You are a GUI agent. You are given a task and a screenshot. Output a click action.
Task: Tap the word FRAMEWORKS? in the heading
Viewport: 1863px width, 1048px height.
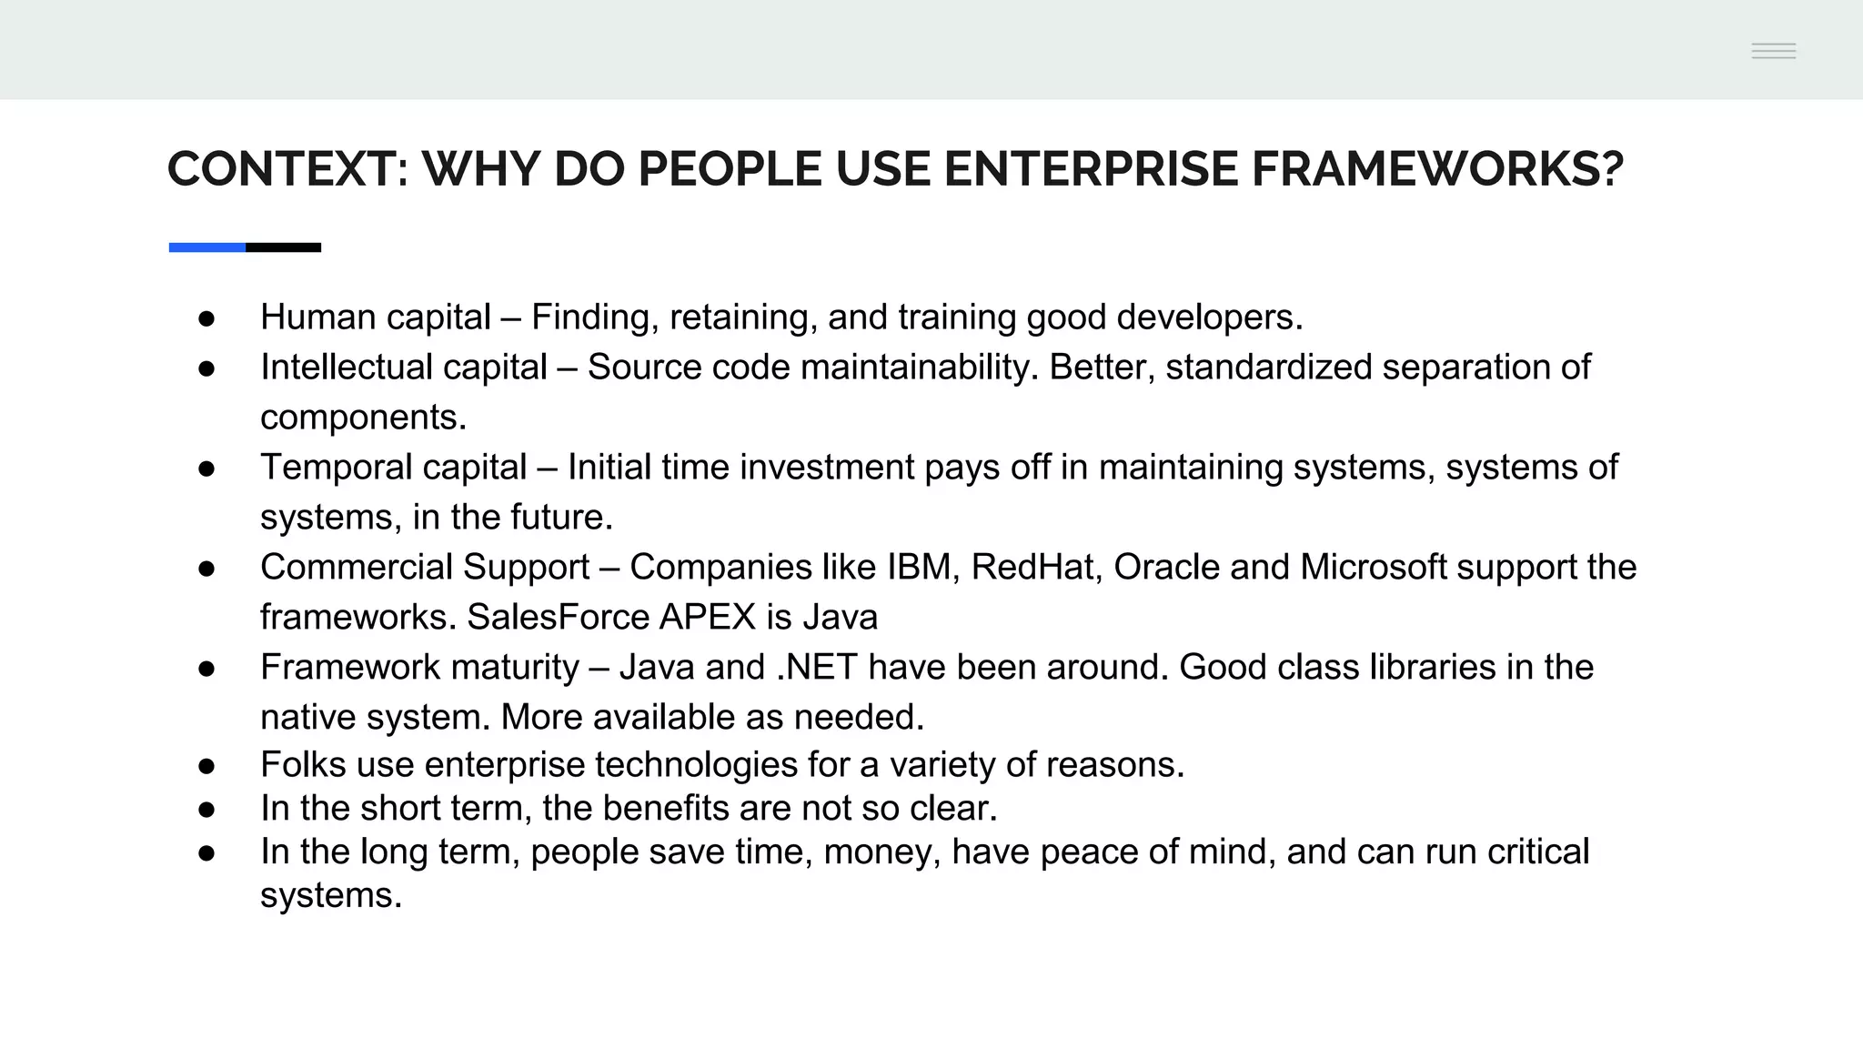click(1437, 169)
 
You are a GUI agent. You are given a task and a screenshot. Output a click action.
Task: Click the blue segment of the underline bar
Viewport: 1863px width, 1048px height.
click(206, 247)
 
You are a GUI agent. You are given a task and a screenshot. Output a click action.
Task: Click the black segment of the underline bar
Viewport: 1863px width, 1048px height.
click(283, 247)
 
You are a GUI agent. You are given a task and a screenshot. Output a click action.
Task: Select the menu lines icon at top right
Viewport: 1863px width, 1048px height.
click(1773, 51)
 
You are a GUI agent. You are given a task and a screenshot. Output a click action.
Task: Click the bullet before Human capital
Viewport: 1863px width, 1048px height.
click(206, 318)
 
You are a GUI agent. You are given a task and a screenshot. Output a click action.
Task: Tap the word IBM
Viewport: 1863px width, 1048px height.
click(919, 568)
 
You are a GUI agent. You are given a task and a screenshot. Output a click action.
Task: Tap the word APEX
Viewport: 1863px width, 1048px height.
click(707, 618)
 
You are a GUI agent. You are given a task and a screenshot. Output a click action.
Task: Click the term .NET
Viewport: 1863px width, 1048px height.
click(816, 668)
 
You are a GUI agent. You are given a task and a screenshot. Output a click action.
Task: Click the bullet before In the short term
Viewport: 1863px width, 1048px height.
click(206, 810)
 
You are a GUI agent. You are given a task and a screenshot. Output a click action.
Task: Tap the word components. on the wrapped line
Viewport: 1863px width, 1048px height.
click(363, 418)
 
